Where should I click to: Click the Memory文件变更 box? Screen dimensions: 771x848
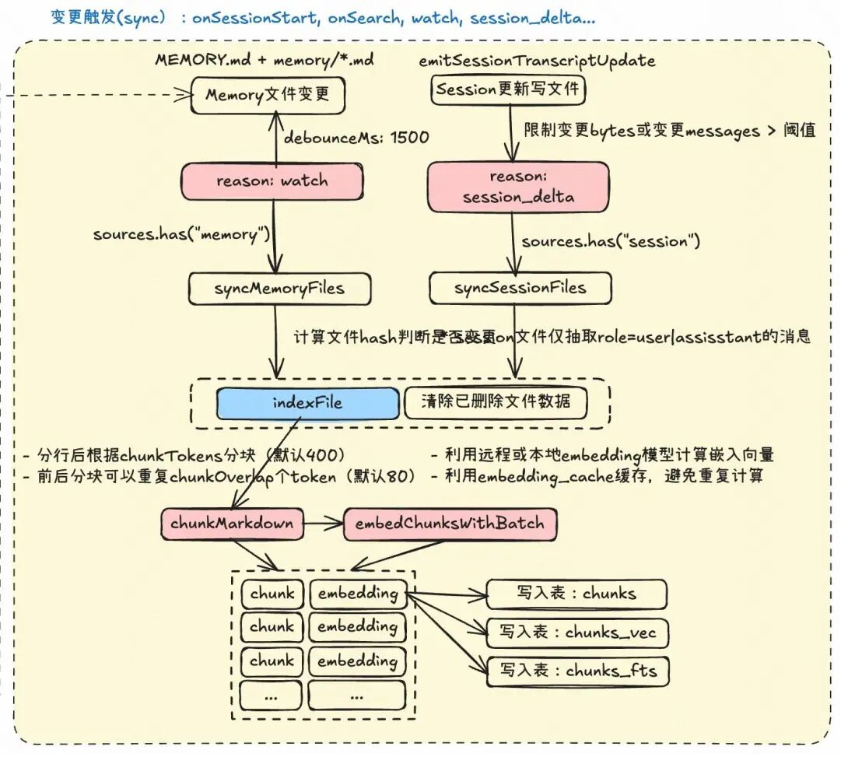coord(268,95)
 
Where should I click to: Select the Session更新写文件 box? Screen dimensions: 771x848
coord(508,89)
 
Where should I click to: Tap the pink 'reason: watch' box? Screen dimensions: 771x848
coord(272,181)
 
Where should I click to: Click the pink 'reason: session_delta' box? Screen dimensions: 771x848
coord(518,187)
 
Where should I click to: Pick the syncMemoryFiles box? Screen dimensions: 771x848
coord(279,289)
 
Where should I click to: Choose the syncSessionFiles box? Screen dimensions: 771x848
coord(520,289)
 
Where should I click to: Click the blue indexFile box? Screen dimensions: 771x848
coord(307,402)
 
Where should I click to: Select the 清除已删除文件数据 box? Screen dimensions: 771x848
coord(496,402)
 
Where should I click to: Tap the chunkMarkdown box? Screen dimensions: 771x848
coord(232,524)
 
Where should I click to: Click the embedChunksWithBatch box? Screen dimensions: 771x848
coord(450,524)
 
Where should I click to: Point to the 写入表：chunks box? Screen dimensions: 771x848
coord(576,594)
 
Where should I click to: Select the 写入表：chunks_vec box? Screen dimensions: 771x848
coord(577,632)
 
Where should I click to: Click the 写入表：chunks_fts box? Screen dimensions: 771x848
coord(577,671)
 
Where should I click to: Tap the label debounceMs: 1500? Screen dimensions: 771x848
coord(356,138)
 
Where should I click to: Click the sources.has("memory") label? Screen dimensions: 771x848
coord(181,234)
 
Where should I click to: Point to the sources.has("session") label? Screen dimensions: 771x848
coord(611,242)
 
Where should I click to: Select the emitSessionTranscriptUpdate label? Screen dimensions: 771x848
coord(537,61)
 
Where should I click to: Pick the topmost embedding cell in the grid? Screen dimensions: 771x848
coord(357,594)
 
